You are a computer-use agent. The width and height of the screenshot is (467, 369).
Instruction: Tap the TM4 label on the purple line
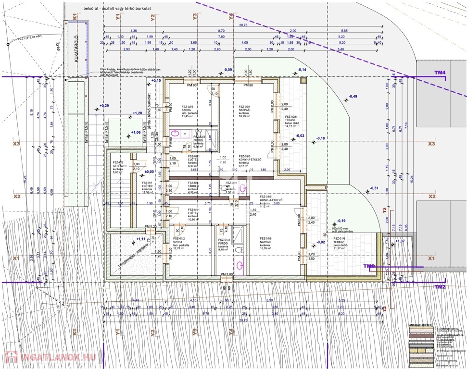click(x=440, y=73)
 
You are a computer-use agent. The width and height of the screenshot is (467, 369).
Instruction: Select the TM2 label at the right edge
click(x=440, y=287)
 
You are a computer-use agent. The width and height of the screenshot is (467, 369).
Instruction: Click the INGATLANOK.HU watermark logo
click(x=51, y=357)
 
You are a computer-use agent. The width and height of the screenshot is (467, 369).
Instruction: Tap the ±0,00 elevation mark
click(x=149, y=172)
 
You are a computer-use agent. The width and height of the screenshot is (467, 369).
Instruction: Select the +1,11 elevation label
click(x=141, y=239)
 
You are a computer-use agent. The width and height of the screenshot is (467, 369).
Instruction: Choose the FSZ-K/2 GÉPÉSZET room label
click(x=118, y=166)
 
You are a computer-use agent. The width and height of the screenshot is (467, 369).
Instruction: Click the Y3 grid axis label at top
click(x=194, y=16)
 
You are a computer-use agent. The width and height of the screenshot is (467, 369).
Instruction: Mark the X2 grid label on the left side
click(x=17, y=197)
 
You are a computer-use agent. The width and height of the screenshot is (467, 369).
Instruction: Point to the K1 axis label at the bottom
click(x=75, y=332)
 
